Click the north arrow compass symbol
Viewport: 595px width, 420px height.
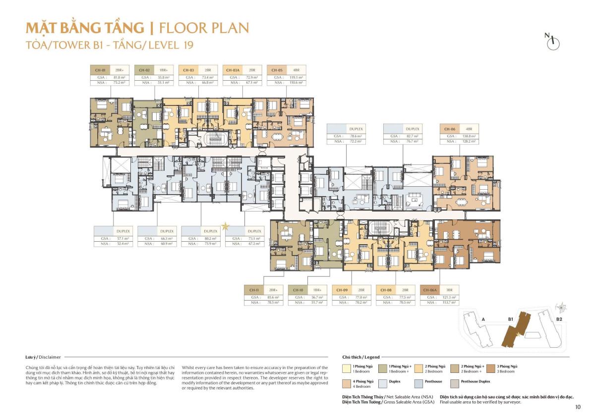[552, 42]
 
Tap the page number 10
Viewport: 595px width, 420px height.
[578, 407]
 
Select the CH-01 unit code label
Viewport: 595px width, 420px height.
[100, 70]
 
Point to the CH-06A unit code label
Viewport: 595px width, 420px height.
[429, 290]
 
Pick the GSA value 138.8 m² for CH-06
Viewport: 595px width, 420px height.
[468, 136]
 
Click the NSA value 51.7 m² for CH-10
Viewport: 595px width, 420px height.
[315, 302]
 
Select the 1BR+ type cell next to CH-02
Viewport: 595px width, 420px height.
[163, 70]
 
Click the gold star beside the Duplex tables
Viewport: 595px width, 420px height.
[225, 227]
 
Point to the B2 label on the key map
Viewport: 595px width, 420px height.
[559, 319]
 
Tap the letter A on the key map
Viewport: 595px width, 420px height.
[482, 319]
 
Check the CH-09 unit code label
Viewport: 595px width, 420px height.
[341, 290]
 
